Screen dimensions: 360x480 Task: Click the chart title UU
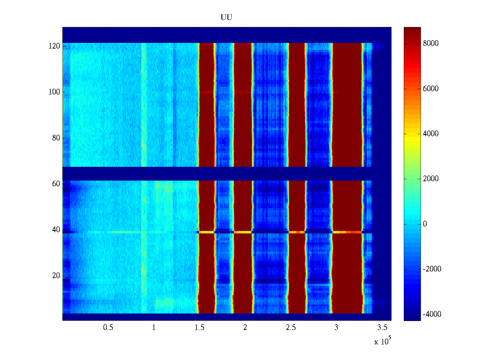[226, 18]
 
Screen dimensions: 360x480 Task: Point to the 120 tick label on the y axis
[54, 46]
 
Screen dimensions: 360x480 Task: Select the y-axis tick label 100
[54, 92]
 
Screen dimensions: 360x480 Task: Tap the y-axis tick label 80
[56, 138]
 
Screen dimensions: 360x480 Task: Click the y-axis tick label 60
[56, 184]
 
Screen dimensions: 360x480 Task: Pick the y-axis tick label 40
[56, 230]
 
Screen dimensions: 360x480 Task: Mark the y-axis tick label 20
[56, 276]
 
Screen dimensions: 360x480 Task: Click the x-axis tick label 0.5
[108, 328]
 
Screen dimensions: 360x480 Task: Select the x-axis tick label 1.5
[199, 328]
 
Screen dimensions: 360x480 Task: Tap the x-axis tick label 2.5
[291, 328]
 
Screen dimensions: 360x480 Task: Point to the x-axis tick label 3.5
[382, 328]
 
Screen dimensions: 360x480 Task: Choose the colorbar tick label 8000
[431, 43]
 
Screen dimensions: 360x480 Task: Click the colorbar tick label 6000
[431, 89]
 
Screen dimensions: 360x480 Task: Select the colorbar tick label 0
[425, 224]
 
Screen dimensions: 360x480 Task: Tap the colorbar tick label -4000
[432, 314]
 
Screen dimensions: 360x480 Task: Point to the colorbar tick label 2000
[431, 179]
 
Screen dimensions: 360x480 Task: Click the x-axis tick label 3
[336, 328]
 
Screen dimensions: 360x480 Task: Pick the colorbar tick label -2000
[432, 269]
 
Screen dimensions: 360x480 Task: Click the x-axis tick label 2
[245, 328]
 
